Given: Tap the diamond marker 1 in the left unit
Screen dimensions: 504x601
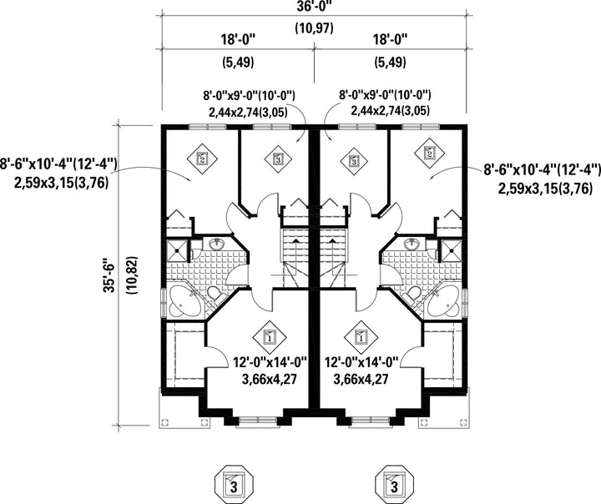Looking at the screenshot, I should pos(270,337).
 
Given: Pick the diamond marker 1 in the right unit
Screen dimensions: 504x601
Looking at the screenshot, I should pos(361,337).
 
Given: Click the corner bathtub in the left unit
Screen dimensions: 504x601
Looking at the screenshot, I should pos(184,302).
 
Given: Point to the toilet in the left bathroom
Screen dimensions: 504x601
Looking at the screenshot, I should pos(215,295).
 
